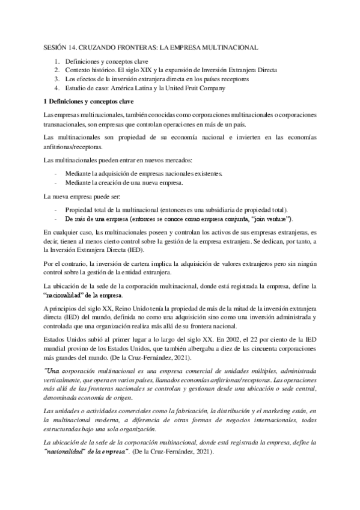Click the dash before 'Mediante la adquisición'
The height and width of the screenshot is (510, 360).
click(56, 173)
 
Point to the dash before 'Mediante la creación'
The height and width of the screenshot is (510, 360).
click(56, 182)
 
